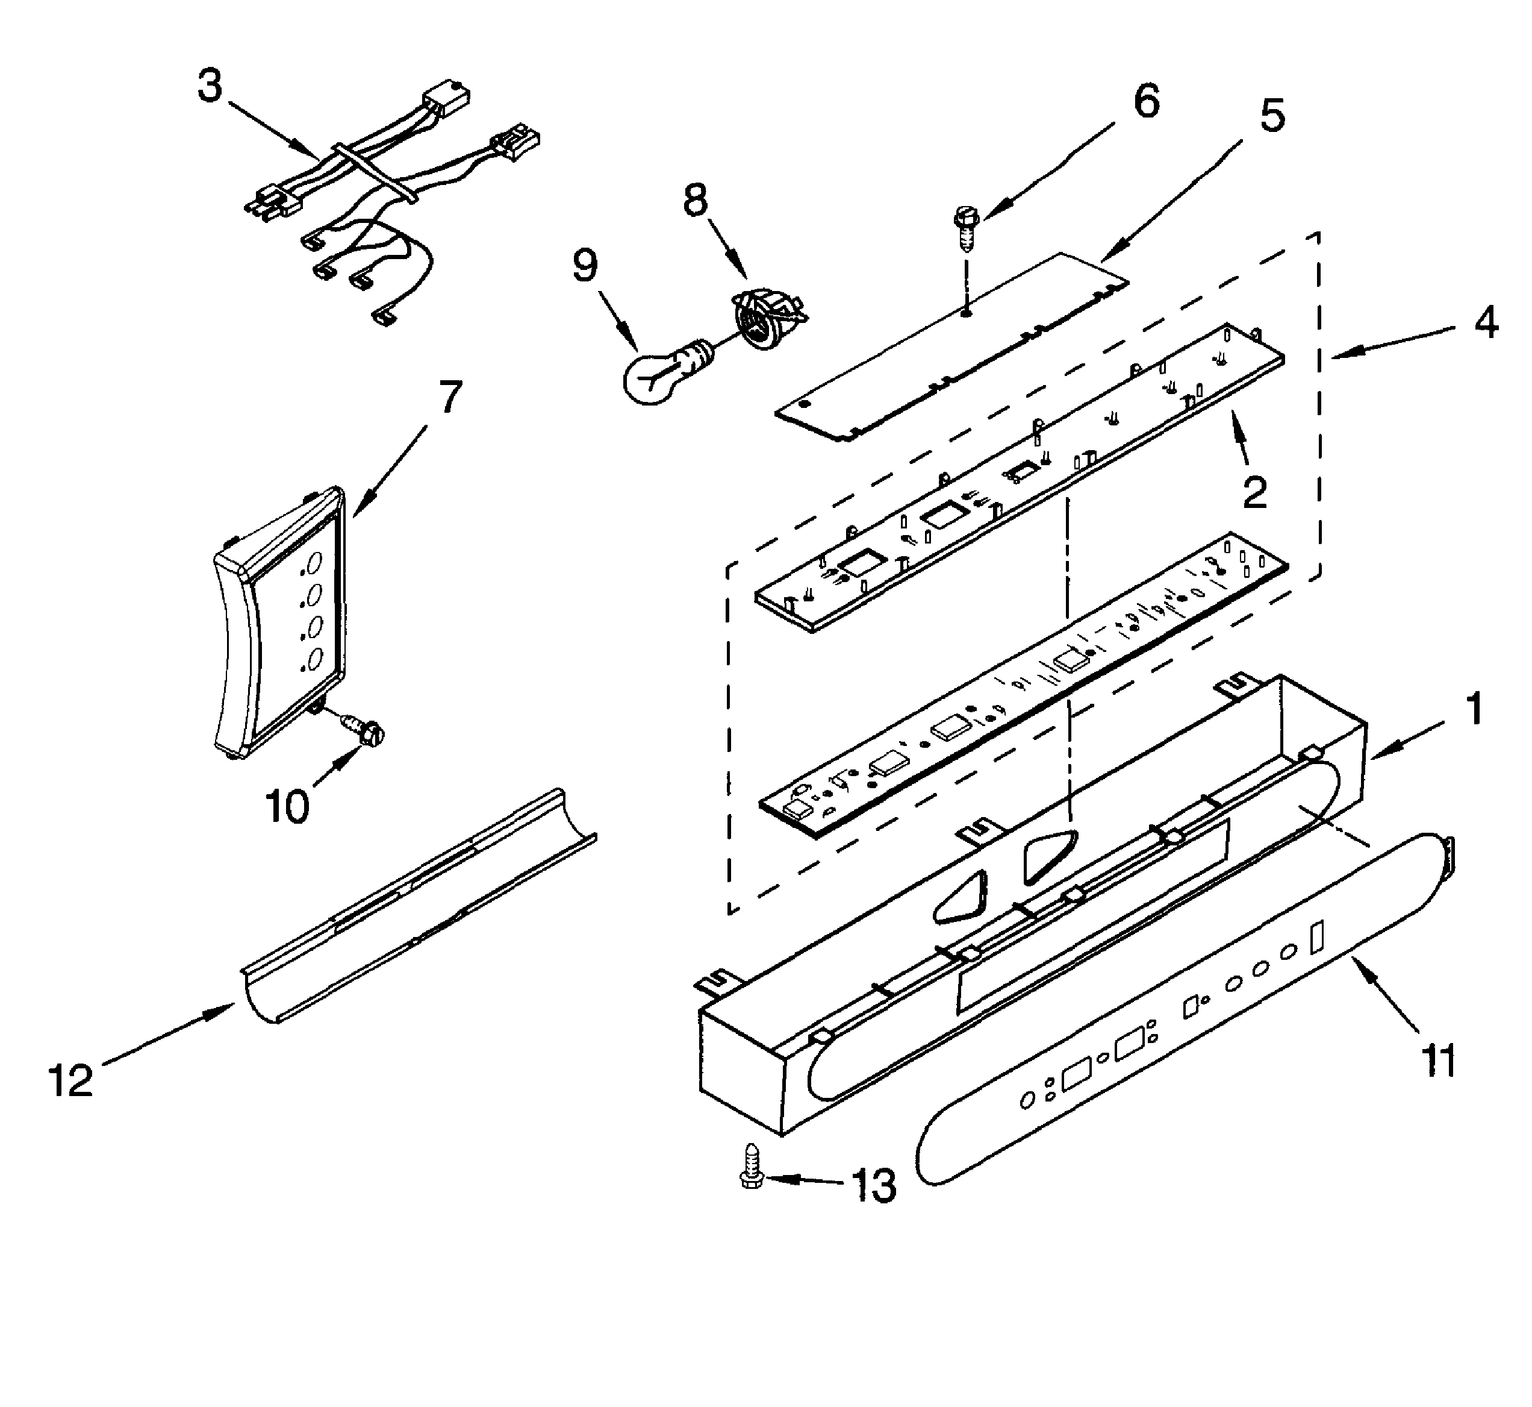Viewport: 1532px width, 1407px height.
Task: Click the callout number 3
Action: point(210,86)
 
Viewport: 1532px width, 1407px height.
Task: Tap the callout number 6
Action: point(1146,101)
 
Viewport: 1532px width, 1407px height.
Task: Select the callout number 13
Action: point(874,1185)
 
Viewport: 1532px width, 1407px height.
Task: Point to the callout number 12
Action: point(71,1080)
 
